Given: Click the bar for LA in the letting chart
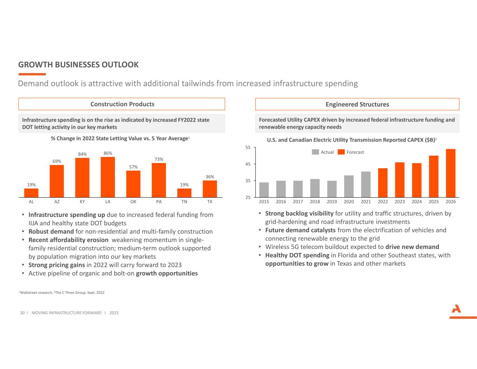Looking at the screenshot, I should tap(108, 177).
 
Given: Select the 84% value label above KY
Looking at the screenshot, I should tap(82, 154).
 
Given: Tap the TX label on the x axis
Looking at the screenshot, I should tap(210, 202).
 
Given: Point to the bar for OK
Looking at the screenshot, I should tap(133, 184).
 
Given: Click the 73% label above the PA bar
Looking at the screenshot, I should tap(159, 159).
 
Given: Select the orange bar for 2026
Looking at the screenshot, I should tap(450, 173).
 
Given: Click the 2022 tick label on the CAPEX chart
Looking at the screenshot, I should tap(383, 202).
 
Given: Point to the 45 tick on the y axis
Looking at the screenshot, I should tap(247, 164).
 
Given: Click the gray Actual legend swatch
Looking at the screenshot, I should tap(315, 152).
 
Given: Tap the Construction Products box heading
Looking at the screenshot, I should tap(122, 104).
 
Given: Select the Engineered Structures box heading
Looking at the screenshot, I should tap(357, 105).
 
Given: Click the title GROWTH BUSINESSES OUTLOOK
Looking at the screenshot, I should tap(78, 65).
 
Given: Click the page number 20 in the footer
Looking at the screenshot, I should tap(22, 313).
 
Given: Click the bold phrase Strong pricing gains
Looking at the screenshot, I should tap(57, 265).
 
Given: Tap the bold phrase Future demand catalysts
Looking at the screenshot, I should tap(300, 230).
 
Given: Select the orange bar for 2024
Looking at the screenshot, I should tap(417, 180).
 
